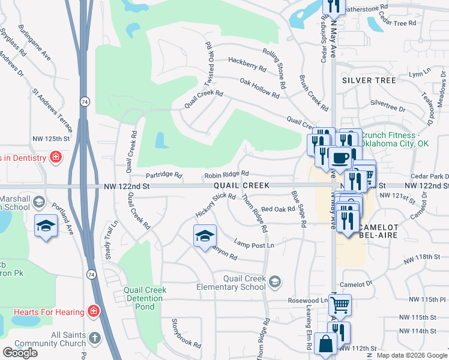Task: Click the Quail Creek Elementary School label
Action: pyautogui.click(x=244, y=282)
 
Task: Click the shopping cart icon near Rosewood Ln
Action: pyautogui.click(x=340, y=304)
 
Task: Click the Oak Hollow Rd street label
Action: pyautogui.click(x=259, y=88)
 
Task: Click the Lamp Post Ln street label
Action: pyautogui.click(x=254, y=245)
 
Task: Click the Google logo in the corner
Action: pyautogui.click(x=20, y=353)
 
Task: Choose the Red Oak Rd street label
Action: pyautogui.click(x=279, y=209)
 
